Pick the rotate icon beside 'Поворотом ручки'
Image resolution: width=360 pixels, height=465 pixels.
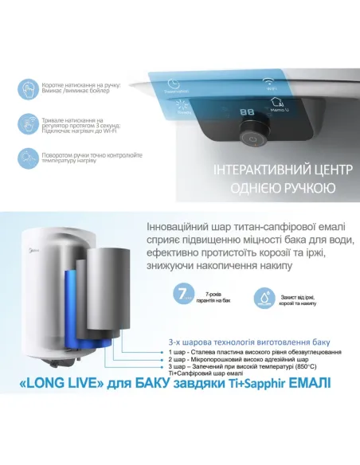pos(28,158)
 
